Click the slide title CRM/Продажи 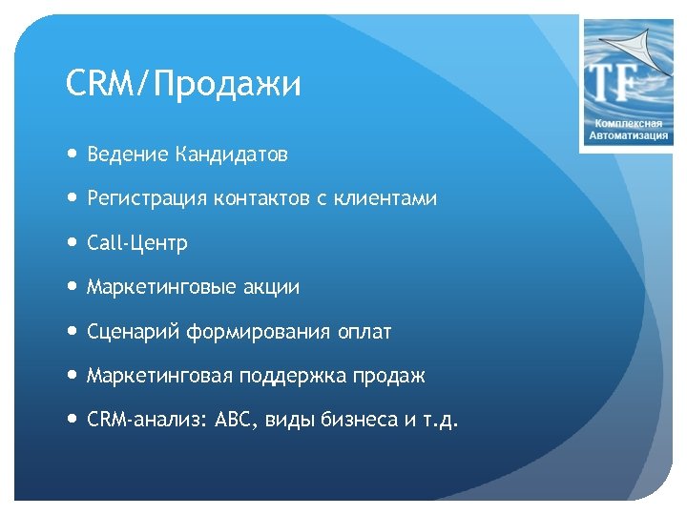coord(183,85)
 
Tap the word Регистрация coord(146,199)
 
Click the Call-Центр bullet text coord(137,243)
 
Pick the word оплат coord(364,332)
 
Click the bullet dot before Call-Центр coord(73,243)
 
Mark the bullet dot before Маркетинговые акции coord(73,287)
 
